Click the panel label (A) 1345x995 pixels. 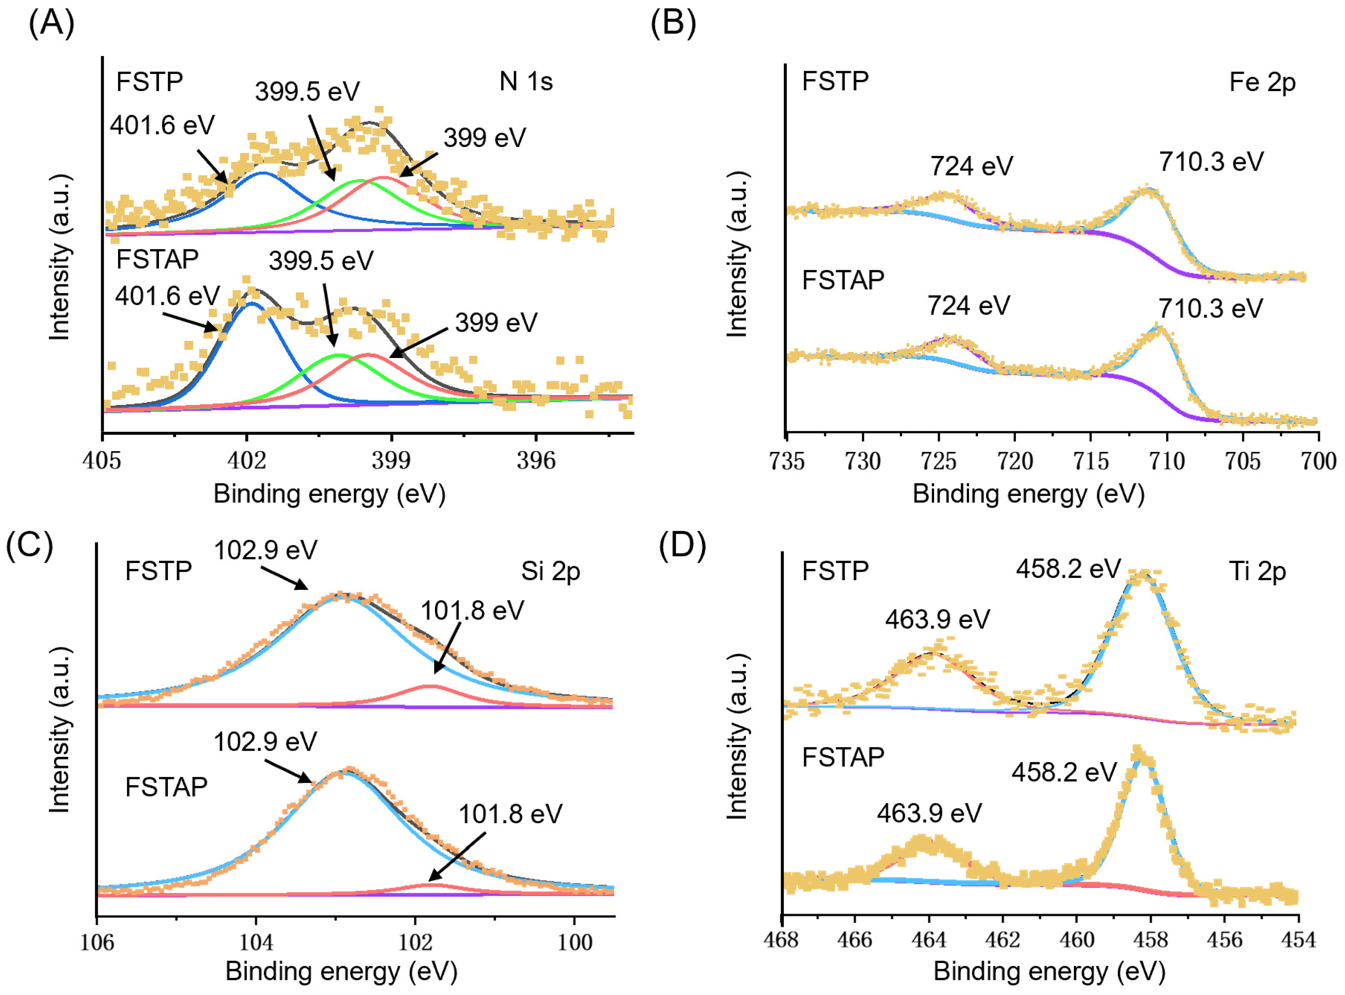tap(51, 24)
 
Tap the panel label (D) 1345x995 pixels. tap(682, 546)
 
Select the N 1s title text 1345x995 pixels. tap(525, 81)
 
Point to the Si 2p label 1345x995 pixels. tap(550, 571)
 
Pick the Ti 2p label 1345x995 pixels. tap(1257, 571)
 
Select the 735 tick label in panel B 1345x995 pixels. tap(787, 461)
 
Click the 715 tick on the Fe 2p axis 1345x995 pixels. tap(1091, 461)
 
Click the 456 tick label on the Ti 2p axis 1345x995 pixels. tap(1224, 940)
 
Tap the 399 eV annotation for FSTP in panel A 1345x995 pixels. tap(484, 138)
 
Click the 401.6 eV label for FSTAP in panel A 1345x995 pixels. tap(167, 296)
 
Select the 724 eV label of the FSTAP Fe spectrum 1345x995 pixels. tap(968, 306)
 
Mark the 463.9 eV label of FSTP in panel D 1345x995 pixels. tap(937, 619)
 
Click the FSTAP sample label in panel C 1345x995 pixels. tap(166, 787)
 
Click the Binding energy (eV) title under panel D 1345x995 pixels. tap(1049, 971)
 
